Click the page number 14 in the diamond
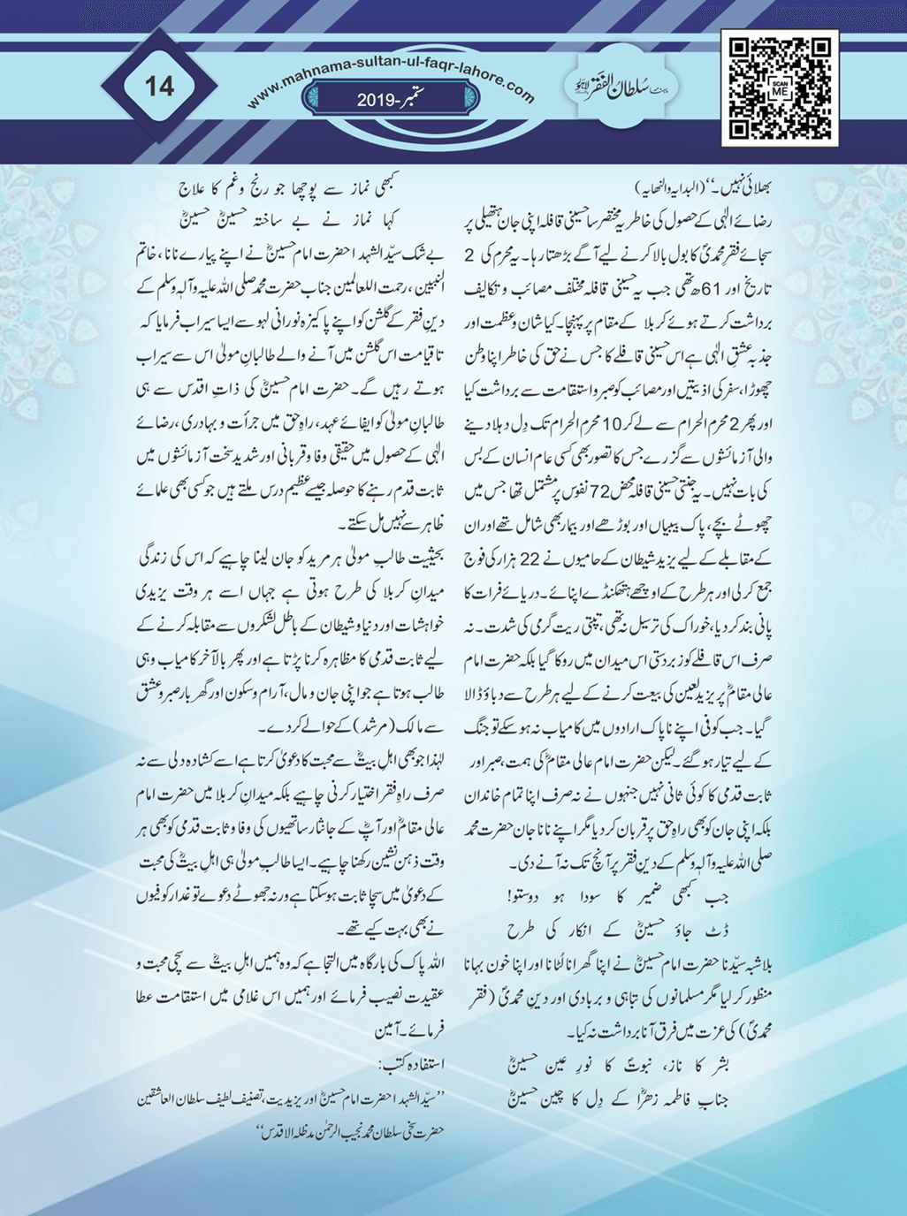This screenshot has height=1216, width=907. coord(159,87)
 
